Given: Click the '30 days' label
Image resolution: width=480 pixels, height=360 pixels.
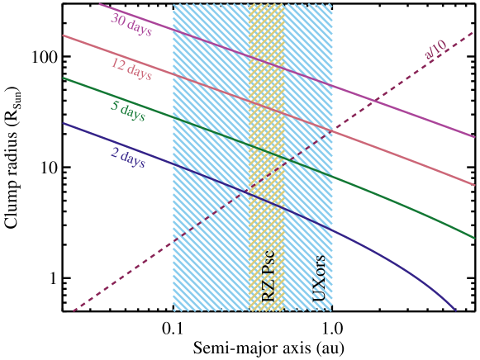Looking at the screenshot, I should click(131, 25).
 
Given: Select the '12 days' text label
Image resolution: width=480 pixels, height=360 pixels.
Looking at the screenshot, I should click(131, 69).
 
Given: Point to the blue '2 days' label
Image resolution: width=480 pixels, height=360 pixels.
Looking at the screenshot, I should click(127, 157).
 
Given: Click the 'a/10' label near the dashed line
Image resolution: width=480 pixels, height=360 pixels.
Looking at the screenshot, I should click(435, 50).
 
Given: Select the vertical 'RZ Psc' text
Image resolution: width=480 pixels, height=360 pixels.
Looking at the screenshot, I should click(269, 277).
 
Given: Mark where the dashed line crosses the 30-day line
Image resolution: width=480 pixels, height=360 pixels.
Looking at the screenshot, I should click(373, 100).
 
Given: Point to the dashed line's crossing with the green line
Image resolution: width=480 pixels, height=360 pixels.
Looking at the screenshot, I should click(286, 159).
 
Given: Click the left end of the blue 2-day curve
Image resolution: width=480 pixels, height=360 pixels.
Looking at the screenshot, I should click(64, 123).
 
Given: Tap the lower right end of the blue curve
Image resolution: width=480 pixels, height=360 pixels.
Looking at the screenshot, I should click(455, 310).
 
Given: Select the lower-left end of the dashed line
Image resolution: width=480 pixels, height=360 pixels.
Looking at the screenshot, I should click(74, 310).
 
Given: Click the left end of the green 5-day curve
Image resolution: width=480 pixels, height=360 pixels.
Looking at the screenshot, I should click(64, 78).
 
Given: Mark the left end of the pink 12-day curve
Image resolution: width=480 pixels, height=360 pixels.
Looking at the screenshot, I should click(64, 36).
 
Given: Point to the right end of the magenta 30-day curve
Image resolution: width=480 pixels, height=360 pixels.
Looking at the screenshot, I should click(474, 137).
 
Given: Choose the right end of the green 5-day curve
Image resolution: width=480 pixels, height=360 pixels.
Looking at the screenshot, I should click(474, 238).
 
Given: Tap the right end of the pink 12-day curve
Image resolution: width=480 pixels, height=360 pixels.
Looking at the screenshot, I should click(474, 185).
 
